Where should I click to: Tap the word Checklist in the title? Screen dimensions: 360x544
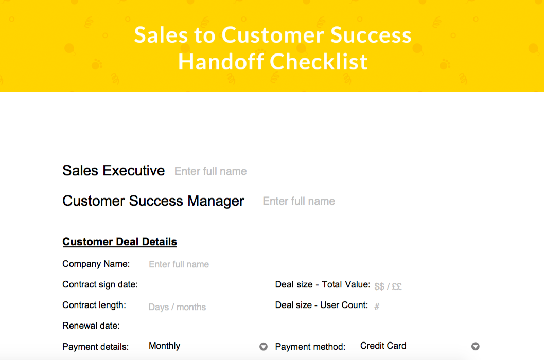(319, 62)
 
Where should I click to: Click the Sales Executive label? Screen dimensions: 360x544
(114, 171)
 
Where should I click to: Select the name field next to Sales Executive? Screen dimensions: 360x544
(210, 171)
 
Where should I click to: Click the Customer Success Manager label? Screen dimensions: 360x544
(153, 201)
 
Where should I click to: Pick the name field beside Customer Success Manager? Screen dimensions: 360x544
(299, 201)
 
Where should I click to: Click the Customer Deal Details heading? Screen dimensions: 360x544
(119, 242)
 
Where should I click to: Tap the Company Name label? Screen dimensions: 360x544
(96, 264)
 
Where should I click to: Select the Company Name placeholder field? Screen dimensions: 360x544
(179, 264)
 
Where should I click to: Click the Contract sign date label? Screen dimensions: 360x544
(100, 284)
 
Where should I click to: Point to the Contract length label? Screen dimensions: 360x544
(94, 305)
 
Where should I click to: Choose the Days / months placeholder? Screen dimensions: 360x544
(177, 307)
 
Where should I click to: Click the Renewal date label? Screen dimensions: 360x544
(91, 326)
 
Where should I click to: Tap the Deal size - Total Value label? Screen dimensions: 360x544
(323, 284)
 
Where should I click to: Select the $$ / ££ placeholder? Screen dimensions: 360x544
(388, 286)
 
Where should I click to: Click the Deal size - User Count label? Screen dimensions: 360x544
(322, 305)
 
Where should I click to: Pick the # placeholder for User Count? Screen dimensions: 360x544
(377, 307)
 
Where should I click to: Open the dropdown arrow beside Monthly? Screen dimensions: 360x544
(264, 347)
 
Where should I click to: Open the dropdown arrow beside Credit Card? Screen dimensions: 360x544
(476, 347)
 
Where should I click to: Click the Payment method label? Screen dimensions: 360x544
(310, 347)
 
